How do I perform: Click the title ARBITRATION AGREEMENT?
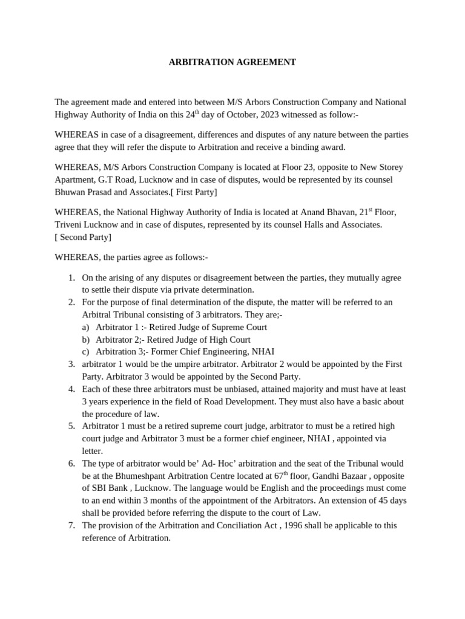point(232,62)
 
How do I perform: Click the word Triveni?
point(68,225)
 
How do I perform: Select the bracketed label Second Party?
point(83,237)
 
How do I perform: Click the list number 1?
point(71,277)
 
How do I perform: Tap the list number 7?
point(71,525)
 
